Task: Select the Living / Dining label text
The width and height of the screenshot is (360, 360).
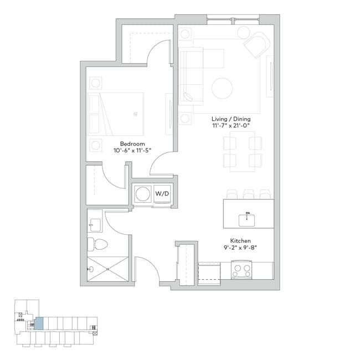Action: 233,119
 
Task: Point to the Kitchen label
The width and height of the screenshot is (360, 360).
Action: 241,241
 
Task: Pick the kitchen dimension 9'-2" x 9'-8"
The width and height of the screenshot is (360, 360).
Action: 241,248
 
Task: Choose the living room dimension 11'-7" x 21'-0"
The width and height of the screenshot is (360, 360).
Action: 233,126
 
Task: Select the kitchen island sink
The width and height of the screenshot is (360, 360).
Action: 247,219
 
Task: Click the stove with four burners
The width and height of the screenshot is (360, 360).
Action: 241,271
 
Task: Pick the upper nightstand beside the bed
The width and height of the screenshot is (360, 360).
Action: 96,83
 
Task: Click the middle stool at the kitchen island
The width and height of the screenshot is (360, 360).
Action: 248,193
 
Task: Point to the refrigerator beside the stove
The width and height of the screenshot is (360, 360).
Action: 209,271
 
